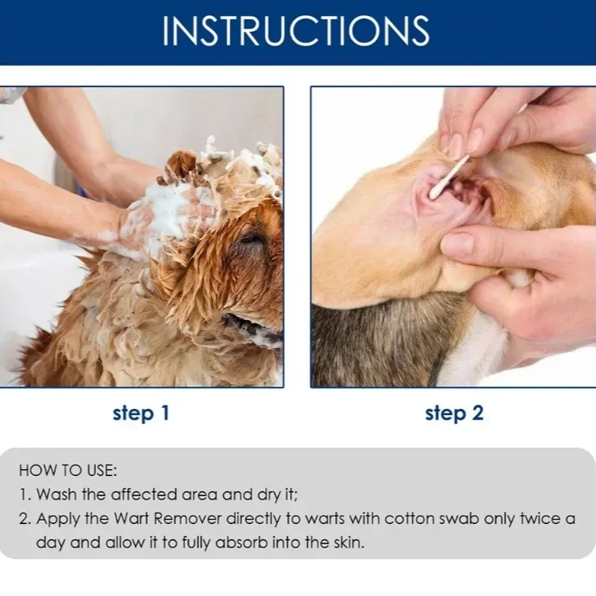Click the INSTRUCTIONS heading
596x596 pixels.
click(296, 30)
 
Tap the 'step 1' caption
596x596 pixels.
click(141, 413)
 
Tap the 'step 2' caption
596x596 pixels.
click(454, 413)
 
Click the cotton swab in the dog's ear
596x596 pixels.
click(450, 177)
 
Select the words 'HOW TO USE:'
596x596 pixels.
click(68, 470)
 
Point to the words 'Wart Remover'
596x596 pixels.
click(168, 518)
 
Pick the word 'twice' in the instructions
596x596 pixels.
click(540, 518)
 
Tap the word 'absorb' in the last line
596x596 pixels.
click(242, 542)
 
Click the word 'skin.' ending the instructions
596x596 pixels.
click(349, 542)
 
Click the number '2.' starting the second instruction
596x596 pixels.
click(25, 519)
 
